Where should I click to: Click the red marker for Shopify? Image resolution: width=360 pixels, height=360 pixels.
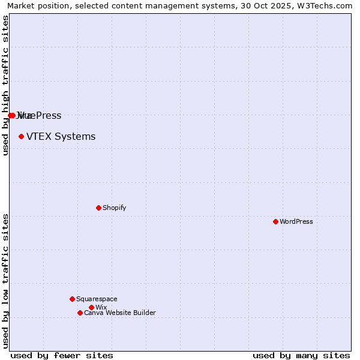[x=98, y=208]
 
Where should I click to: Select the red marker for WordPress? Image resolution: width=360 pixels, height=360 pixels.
[x=275, y=221]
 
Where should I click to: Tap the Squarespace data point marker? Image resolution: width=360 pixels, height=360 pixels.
[x=72, y=299]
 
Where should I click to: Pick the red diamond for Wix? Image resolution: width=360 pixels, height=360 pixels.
[x=91, y=307]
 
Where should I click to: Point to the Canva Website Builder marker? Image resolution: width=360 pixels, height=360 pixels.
[x=80, y=313]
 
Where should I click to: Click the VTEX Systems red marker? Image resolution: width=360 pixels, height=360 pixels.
[x=21, y=136]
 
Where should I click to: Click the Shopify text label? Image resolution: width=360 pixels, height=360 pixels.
[x=114, y=208]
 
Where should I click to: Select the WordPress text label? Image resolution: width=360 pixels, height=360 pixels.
[x=296, y=221]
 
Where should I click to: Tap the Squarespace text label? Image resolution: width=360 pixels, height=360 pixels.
[x=97, y=299]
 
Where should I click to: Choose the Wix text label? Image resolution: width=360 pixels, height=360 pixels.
[x=101, y=307]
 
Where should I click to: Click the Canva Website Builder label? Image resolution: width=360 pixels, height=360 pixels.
[x=119, y=313]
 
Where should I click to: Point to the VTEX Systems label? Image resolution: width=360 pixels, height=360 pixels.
[x=61, y=136]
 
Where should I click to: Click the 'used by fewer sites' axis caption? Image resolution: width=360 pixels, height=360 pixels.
[x=62, y=355]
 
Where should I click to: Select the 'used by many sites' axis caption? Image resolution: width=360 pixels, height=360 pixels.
[x=301, y=355]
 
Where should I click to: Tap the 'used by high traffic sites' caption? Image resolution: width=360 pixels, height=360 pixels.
[x=5, y=85]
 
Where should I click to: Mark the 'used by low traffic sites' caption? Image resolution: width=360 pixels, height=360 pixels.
[x=5, y=281]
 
